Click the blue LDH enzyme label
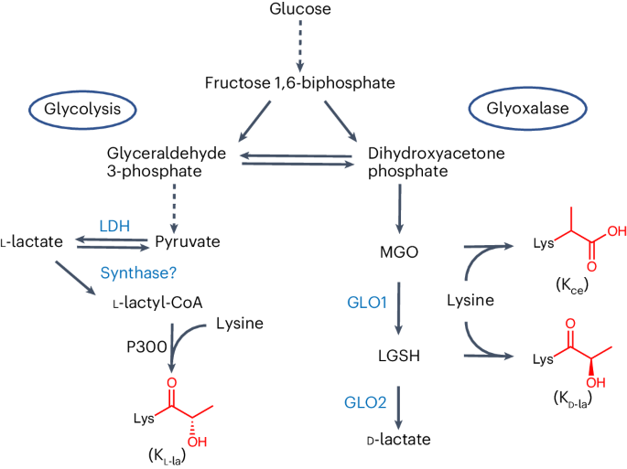click(x=114, y=225)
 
